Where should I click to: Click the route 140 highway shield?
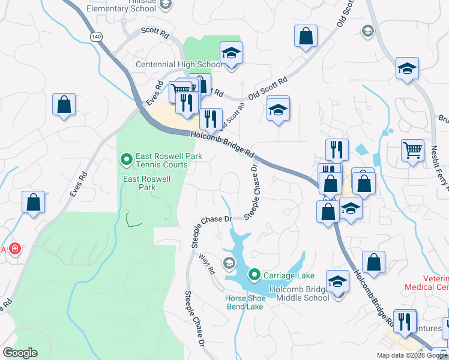point(95,37)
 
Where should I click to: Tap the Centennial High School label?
point(179,64)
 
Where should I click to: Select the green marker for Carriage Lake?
point(254,275)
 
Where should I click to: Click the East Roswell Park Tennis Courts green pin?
point(126,160)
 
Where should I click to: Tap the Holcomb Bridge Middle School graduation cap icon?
point(338,281)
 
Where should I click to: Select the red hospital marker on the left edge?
point(14,248)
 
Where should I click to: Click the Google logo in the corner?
point(20,353)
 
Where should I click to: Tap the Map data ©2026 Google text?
point(412,355)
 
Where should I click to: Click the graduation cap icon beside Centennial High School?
point(231,53)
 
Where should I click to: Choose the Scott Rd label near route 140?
point(155,33)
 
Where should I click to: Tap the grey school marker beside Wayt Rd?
point(229,262)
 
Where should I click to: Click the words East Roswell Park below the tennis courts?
point(147,183)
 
